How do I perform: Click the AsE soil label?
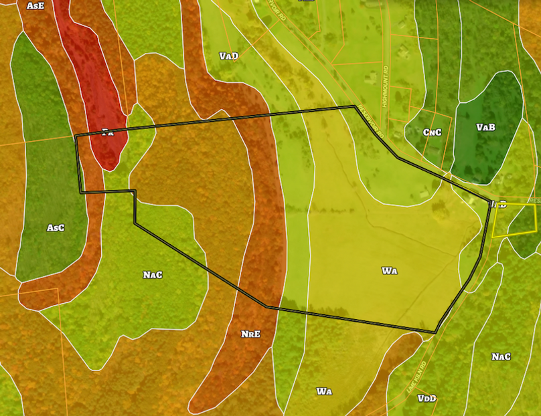point(35,5)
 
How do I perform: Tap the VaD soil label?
point(228,56)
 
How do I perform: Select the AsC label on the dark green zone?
point(56,228)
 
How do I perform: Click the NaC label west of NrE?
point(153,275)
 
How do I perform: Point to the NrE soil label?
point(250,332)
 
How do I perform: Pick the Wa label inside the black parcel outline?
point(390,271)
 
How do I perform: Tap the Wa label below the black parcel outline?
point(324,391)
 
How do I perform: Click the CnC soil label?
point(432,132)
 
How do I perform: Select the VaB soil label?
point(485,127)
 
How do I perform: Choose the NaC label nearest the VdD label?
point(501,356)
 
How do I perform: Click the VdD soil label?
point(427,399)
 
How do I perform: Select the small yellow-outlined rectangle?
point(514,221)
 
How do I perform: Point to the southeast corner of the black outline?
point(435,332)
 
